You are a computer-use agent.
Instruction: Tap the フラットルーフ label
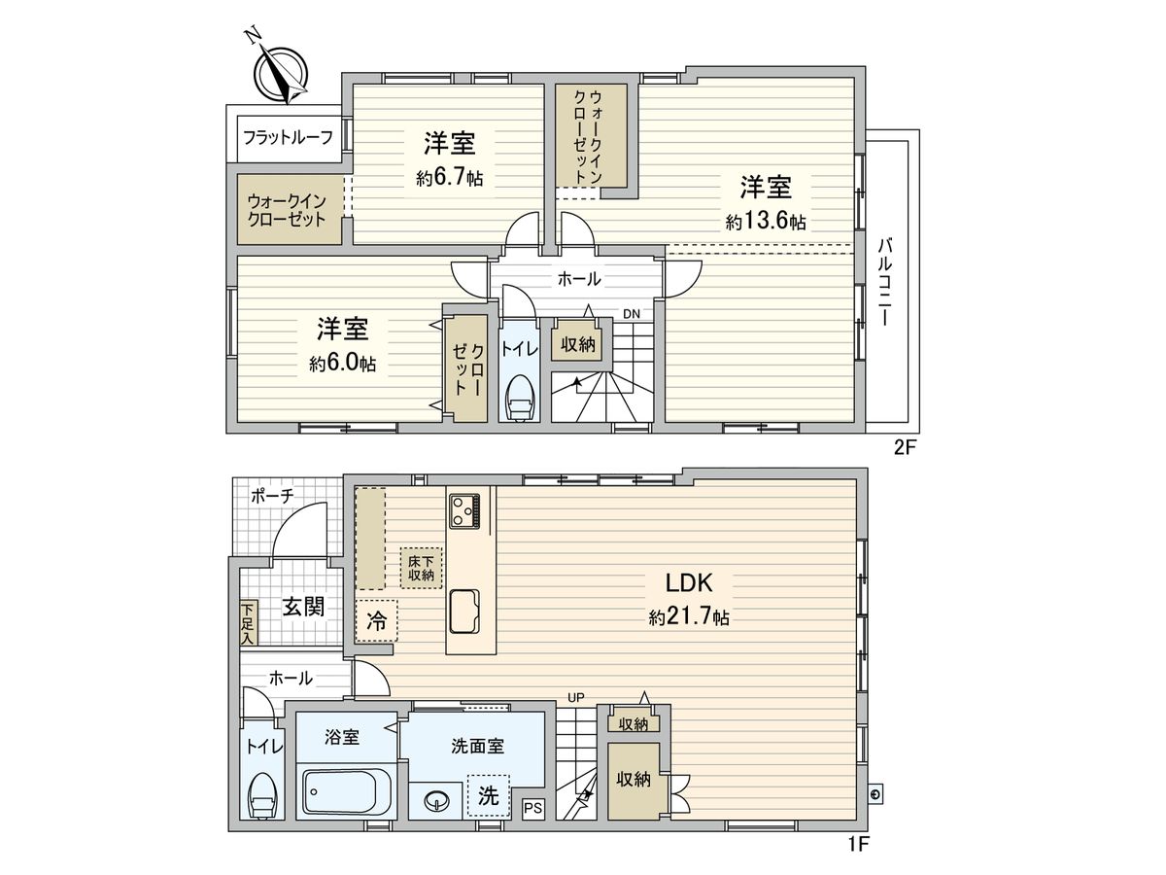click(288, 137)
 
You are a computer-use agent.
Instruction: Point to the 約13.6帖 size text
click(766, 222)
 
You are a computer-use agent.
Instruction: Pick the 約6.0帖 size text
click(342, 364)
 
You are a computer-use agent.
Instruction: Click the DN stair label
click(632, 313)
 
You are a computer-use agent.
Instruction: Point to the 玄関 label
click(303, 607)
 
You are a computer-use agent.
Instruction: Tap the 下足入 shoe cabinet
click(247, 624)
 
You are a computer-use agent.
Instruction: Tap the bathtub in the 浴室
click(346, 791)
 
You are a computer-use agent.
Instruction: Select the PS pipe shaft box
click(533, 807)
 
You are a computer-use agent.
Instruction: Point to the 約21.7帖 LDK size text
click(690, 617)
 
